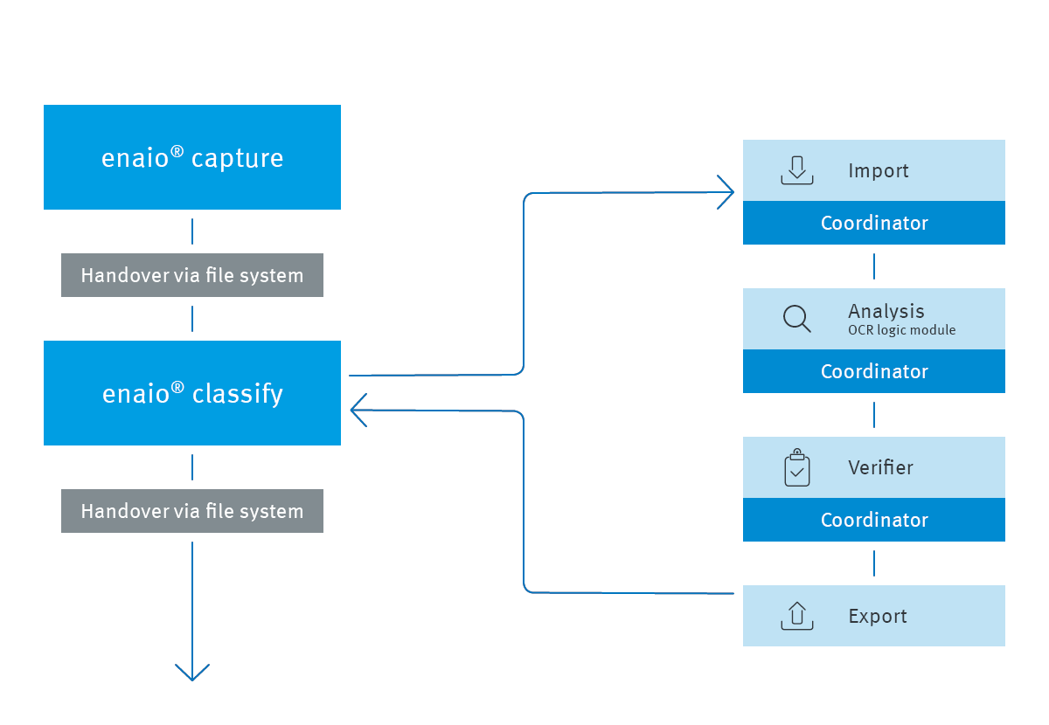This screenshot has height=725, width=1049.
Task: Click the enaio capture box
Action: point(192,157)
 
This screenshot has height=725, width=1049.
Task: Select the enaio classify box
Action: point(192,393)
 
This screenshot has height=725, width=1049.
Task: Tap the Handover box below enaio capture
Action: point(192,275)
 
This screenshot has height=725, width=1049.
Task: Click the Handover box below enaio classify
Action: point(192,511)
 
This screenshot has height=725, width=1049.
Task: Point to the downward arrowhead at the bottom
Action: point(192,673)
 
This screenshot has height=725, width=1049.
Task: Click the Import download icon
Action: point(796,170)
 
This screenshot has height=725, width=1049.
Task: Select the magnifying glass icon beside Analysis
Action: point(796,319)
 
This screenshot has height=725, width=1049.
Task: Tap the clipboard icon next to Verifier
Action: point(796,468)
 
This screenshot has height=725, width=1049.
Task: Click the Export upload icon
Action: point(796,616)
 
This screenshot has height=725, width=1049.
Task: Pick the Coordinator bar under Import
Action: point(874,223)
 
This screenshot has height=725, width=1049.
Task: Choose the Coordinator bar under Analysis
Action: point(874,371)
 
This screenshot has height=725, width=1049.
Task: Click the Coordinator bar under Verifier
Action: point(874,520)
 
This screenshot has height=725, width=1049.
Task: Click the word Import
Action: point(879,170)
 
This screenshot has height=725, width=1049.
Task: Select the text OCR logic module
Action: point(901,330)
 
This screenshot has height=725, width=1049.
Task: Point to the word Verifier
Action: point(880,467)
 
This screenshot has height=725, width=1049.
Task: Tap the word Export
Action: point(878,616)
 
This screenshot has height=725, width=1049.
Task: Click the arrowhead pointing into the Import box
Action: point(726,192)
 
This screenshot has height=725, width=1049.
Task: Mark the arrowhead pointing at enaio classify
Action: point(358,410)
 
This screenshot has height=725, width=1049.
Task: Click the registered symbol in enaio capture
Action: point(177,151)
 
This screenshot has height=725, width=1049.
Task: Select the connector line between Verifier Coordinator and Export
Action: point(874,563)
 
